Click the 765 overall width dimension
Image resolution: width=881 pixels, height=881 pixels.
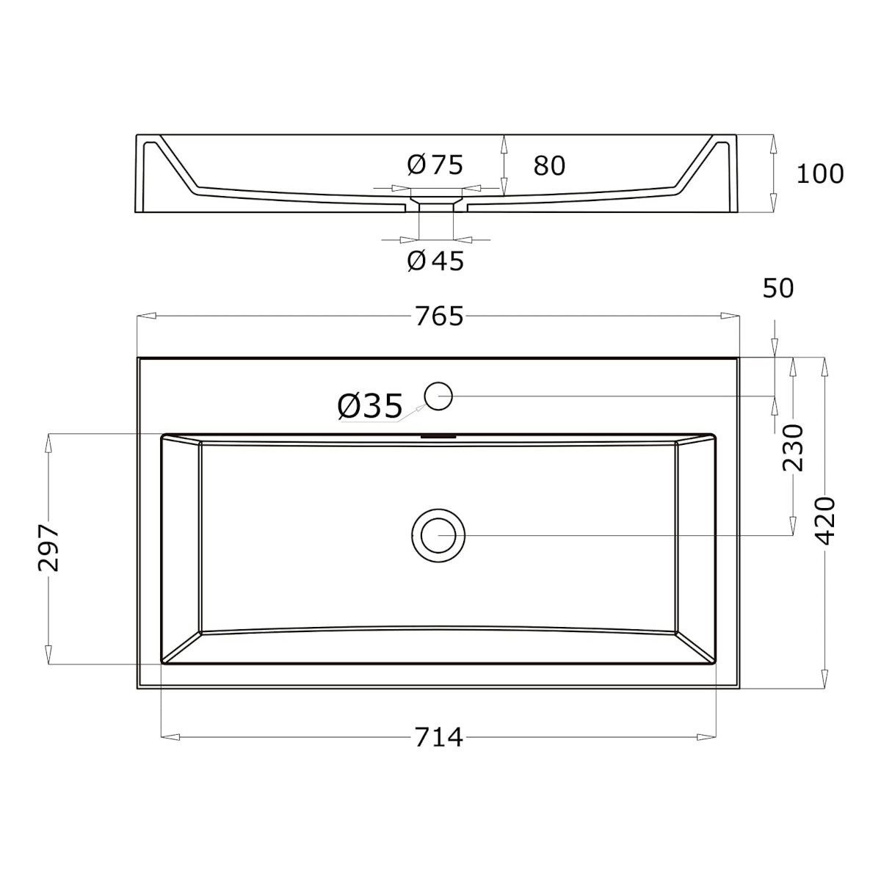[439, 316]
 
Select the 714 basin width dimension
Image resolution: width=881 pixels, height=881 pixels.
[439, 737]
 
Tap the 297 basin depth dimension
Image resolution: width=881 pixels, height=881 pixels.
[48, 548]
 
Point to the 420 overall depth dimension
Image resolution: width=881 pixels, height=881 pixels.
[825, 521]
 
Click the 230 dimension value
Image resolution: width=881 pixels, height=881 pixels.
[793, 448]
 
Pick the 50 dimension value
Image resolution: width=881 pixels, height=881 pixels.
[778, 289]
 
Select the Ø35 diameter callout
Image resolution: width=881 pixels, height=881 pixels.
[370, 406]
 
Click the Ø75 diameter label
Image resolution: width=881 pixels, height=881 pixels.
[435, 164]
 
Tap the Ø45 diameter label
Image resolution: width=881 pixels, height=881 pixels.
[435, 261]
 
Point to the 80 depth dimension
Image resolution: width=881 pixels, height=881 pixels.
[549, 165]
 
